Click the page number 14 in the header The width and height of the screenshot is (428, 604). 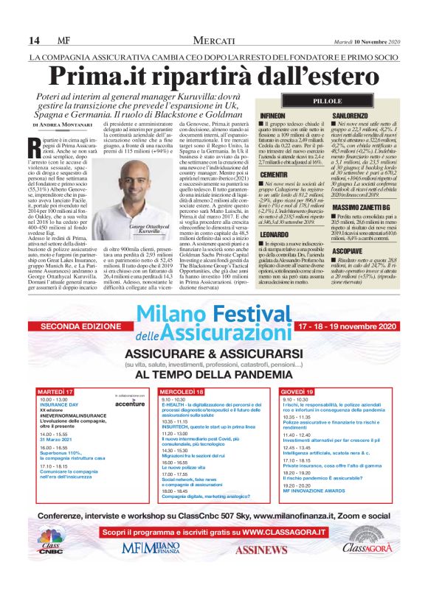(34, 39)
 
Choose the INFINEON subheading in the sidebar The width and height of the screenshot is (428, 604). (275, 117)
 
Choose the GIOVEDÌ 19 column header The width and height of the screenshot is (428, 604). (297, 391)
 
